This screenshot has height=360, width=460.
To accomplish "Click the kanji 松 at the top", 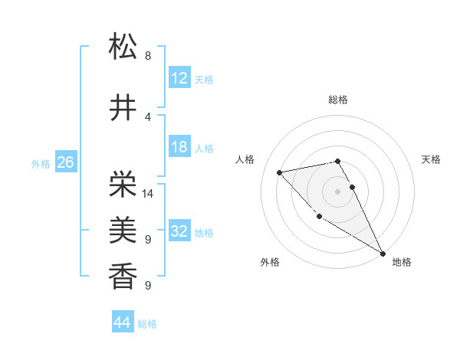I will pos(123,47).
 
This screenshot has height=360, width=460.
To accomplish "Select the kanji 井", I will pos(123,108).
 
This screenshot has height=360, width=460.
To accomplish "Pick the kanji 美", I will pos(123,228).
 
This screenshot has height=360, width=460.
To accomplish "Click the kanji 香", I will pos(123,273).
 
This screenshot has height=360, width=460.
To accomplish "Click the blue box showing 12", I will pos(179,78).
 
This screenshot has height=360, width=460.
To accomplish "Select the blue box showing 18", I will pos(179,147).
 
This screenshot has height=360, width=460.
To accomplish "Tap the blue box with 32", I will pos(179,231).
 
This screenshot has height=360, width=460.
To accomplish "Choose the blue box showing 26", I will pos(65,162).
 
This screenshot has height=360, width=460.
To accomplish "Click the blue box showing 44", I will pos(122,322).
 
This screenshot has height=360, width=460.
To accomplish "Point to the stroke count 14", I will pos(148,194).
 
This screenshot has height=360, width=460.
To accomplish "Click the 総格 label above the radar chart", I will pos(338,100).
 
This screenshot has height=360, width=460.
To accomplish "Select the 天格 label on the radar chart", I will pos(431,159).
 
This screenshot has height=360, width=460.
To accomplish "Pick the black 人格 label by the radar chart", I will pos(245,159).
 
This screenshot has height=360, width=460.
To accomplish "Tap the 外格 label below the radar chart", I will pos(270,262).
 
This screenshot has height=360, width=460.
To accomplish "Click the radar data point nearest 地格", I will pos(383,254).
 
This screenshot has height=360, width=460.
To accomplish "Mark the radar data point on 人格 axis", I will pos(280,172).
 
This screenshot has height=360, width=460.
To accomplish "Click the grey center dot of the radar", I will pos(338,191).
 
